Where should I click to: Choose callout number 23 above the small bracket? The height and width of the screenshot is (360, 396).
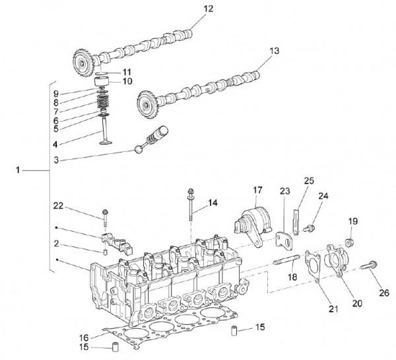(x=284, y=191)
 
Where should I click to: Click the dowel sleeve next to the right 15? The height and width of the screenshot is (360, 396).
(x=234, y=330)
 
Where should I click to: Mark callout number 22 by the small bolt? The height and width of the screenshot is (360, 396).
(x=58, y=207)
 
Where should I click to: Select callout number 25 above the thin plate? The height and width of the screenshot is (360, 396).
(x=308, y=180)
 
